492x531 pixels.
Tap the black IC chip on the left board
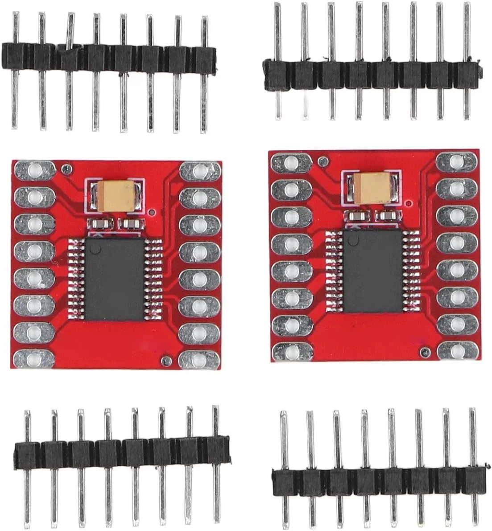point(114,279)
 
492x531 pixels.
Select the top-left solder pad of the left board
point(34,170)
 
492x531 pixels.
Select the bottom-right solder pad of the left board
point(199,359)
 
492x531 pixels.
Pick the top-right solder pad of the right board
point(456,161)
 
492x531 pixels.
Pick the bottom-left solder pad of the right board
point(292,352)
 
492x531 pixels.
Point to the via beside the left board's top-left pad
point(66,168)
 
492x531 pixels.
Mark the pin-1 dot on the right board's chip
point(353,241)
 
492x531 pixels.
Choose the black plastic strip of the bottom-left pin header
point(120,453)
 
